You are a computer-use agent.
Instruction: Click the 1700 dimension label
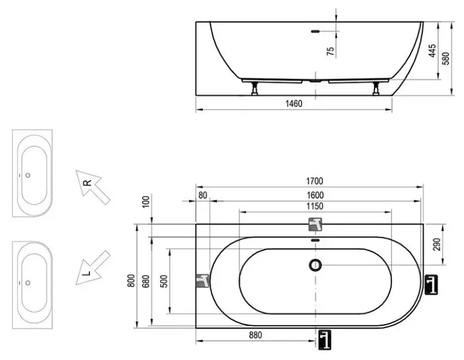314,181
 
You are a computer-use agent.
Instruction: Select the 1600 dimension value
315,195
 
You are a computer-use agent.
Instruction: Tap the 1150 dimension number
315,206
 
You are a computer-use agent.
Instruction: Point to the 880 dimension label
255,335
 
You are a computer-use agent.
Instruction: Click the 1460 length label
294,104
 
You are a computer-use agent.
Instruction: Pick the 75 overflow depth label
330,51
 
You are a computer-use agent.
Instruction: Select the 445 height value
432,50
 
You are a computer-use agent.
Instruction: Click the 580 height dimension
445,58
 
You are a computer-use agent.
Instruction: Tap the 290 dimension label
437,244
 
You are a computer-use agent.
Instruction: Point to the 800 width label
131,280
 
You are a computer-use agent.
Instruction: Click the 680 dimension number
146,281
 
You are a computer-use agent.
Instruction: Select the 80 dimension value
203,195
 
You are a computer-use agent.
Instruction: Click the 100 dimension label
146,202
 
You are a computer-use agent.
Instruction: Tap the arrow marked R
93,187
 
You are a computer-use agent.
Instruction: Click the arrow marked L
93,268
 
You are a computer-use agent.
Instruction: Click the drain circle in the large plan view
315,265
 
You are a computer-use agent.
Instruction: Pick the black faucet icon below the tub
325,340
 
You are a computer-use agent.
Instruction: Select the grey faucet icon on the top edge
315,224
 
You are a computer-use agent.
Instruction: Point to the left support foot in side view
255,89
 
